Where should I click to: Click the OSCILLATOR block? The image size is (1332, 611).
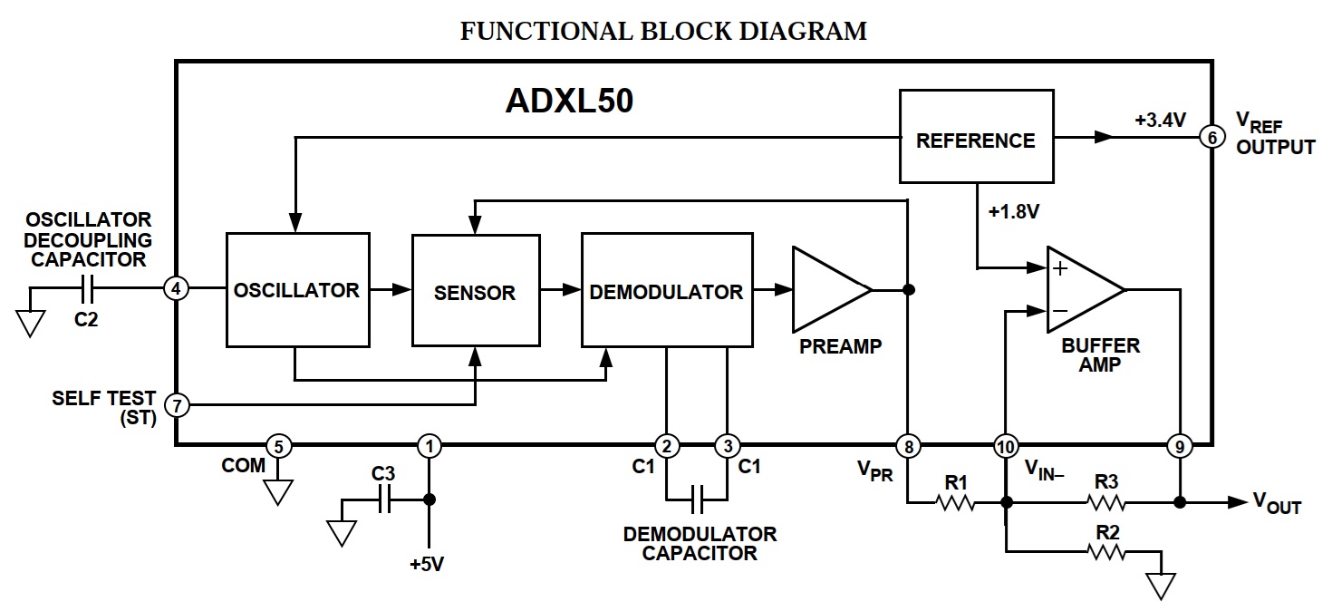(x=297, y=290)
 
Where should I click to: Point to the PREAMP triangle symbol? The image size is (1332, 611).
(x=826, y=290)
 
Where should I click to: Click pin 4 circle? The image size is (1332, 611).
(x=176, y=289)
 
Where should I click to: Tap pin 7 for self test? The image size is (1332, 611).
(x=176, y=404)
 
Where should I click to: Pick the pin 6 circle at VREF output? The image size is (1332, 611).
(x=1211, y=137)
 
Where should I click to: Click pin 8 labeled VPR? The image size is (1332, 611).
(x=907, y=445)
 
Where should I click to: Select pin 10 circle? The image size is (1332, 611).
(x=1005, y=445)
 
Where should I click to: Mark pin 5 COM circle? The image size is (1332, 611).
(x=278, y=445)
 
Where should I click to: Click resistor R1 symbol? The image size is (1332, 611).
(x=955, y=502)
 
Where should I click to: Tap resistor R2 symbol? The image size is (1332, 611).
(x=1105, y=550)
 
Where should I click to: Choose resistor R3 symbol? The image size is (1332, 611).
(x=1105, y=502)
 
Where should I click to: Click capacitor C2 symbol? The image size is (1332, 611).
(x=87, y=289)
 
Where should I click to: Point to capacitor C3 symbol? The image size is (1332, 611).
(x=384, y=499)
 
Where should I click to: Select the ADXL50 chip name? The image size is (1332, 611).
(x=568, y=102)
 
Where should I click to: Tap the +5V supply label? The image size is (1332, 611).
(x=427, y=564)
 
